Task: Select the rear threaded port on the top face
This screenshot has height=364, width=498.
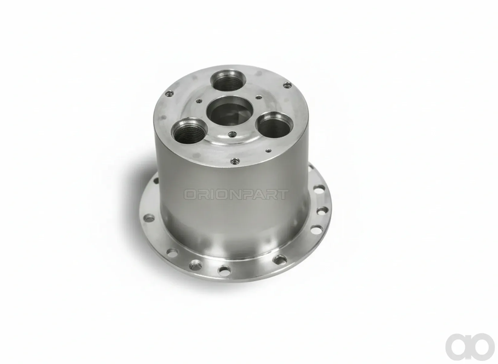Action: tap(228, 81)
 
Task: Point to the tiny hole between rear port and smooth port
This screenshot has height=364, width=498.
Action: tap(259, 97)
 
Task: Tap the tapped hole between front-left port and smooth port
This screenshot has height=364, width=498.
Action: tap(232, 134)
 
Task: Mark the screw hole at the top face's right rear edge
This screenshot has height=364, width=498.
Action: tap(287, 85)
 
